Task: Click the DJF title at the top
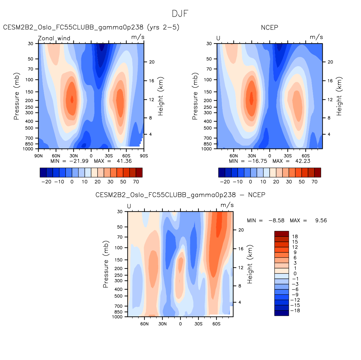pyautogui.click(x=180, y=14)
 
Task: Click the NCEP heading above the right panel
pyautogui.click(x=269, y=28)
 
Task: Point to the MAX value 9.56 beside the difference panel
pyautogui.click(x=321, y=220)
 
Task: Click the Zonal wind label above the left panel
pyautogui.click(x=54, y=38)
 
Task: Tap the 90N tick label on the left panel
pyautogui.click(x=38, y=156)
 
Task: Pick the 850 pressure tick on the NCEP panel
pyautogui.click(x=208, y=144)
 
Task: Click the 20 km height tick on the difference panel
pyautogui.click(x=241, y=230)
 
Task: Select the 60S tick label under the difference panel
pyautogui.click(x=216, y=324)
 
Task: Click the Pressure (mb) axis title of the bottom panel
pyautogui.click(x=105, y=264)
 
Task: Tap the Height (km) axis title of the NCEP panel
pyautogui.click(x=339, y=96)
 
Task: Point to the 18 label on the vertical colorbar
pyautogui.click(x=295, y=236)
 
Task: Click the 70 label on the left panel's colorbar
pyautogui.click(x=136, y=182)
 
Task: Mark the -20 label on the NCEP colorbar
pyautogui.click(x=225, y=182)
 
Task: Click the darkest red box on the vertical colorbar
pyautogui.click(x=281, y=234)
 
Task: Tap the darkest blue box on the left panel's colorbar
pyautogui.click(x=43, y=172)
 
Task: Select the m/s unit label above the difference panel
pyautogui.click(x=227, y=205)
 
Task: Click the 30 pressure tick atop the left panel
pyautogui.click(x=30, y=44)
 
